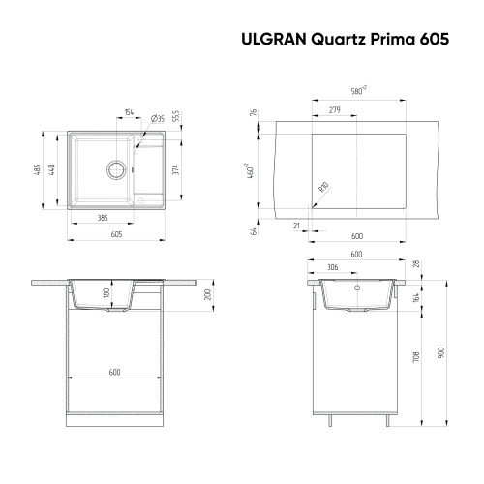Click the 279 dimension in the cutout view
tap(334, 109)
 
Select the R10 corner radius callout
tap(323, 187)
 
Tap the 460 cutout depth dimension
tap(251, 172)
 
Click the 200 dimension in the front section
tap(207, 295)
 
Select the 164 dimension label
tap(415, 297)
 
